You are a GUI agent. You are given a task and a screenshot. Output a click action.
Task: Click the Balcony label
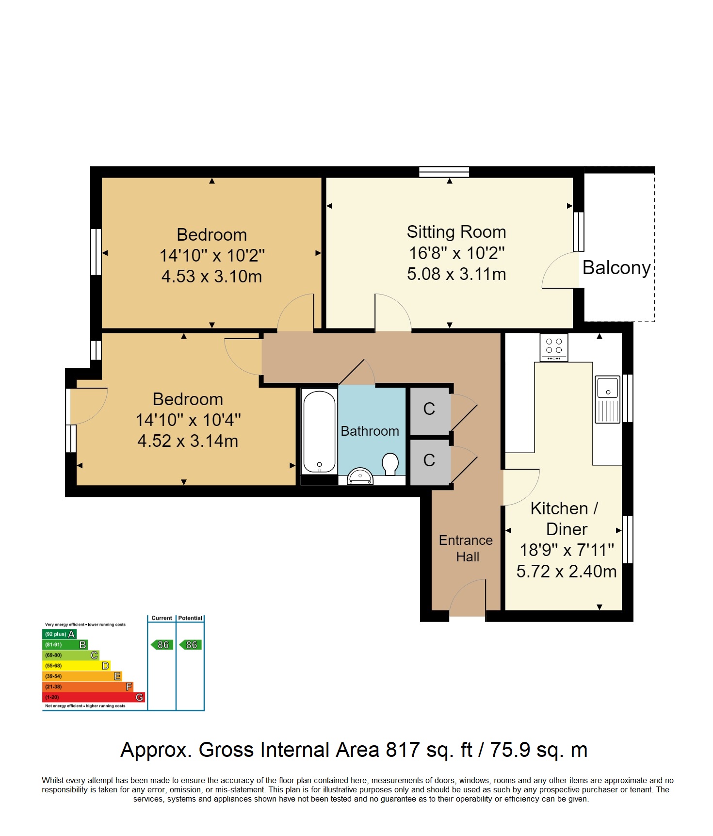(x=616, y=268)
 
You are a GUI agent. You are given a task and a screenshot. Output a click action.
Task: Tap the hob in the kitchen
(x=554, y=347)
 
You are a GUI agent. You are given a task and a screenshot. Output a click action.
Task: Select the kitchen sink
(x=608, y=399)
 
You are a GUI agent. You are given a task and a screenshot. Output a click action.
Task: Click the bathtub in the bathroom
(x=319, y=432)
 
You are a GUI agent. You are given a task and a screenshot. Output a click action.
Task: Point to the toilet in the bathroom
(x=390, y=464)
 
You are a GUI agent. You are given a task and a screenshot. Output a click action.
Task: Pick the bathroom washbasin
(x=360, y=476)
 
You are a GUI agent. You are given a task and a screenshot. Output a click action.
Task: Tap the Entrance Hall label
(x=466, y=548)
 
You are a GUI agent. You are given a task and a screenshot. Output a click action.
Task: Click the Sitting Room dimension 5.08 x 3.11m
(x=456, y=274)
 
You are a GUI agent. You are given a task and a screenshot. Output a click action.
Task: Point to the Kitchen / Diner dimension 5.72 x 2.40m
(x=567, y=571)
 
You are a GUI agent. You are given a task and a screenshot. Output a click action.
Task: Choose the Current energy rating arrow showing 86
(x=162, y=645)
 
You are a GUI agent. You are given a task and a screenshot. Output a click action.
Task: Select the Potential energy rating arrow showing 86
(x=190, y=645)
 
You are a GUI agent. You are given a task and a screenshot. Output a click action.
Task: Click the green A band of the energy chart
(x=60, y=634)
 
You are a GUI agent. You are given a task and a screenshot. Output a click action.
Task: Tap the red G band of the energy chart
(x=94, y=697)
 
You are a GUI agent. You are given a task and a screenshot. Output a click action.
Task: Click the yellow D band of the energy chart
(x=77, y=666)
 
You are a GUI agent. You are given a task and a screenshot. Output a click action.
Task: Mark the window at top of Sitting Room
(x=444, y=172)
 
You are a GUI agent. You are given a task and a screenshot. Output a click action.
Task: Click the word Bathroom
(x=370, y=431)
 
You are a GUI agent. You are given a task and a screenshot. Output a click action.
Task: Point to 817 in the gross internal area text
(x=403, y=750)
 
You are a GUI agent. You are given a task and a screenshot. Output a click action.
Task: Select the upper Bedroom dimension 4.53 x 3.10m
(x=211, y=277)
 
